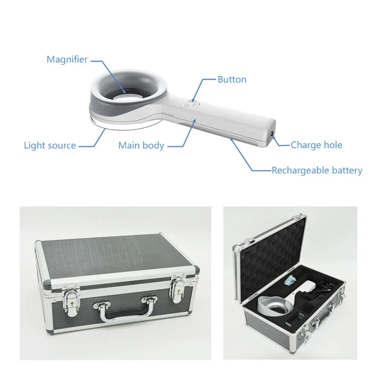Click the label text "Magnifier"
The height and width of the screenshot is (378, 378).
(x=67, y=60)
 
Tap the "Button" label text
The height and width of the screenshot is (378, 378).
(x=232, y=79)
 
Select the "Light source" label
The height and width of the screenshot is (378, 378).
(x=50, y=145)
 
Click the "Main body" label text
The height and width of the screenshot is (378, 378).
(x=141, y=145)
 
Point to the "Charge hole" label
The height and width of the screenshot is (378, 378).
(x=317, y=145)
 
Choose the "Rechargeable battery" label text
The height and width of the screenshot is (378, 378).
(x=317, y=170)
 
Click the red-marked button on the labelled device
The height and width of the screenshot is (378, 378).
(x=193, y=100)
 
